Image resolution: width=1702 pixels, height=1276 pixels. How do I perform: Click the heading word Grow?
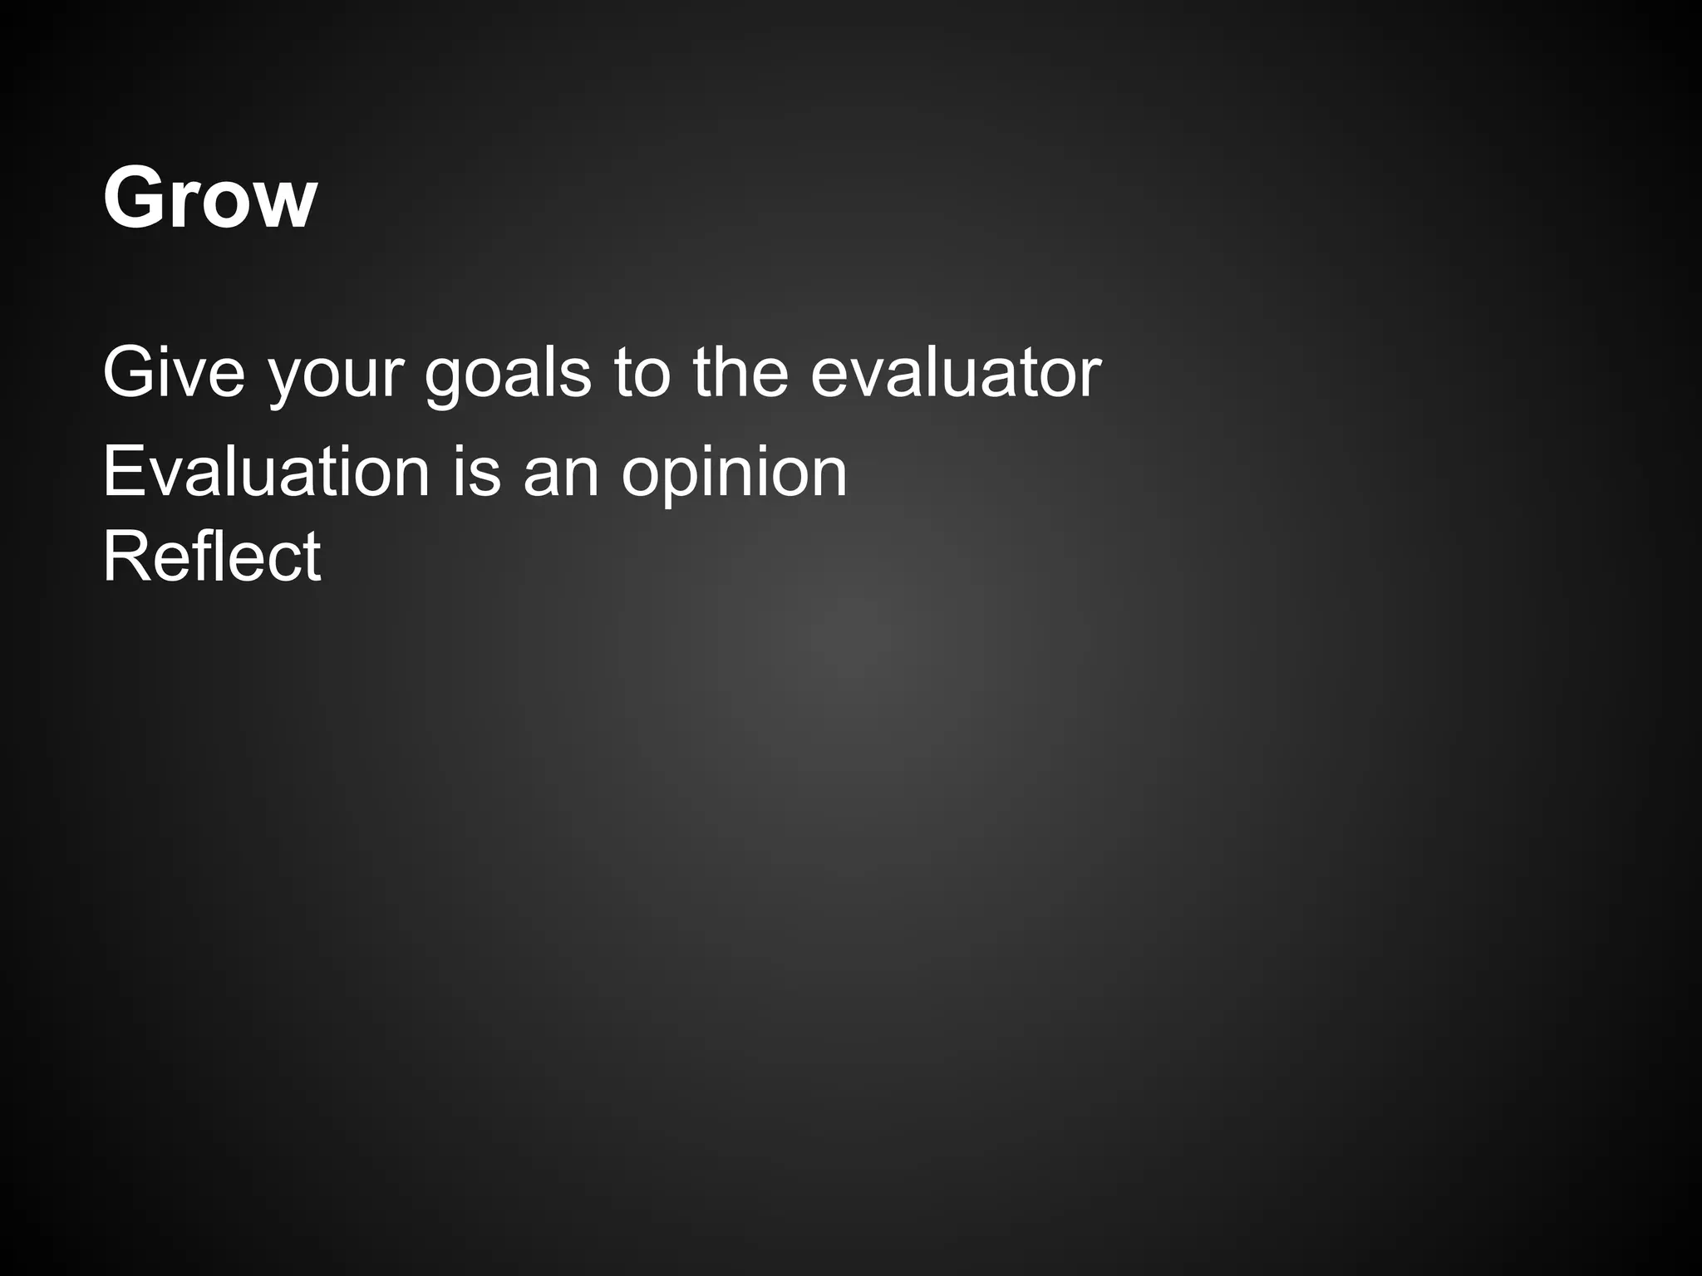pos(209,198)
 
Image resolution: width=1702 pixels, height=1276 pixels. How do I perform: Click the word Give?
pos(174,372)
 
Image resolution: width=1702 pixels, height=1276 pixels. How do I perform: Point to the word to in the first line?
pos(642,372)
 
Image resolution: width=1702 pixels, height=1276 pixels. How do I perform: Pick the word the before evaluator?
pos(740,372)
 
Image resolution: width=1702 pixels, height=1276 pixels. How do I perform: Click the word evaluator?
pos(956,372)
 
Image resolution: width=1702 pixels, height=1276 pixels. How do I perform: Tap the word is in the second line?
pos(477,472)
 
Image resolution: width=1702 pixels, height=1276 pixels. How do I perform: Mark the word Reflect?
pos(211,557)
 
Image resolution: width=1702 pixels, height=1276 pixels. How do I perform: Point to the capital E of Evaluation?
pos(122,472)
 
